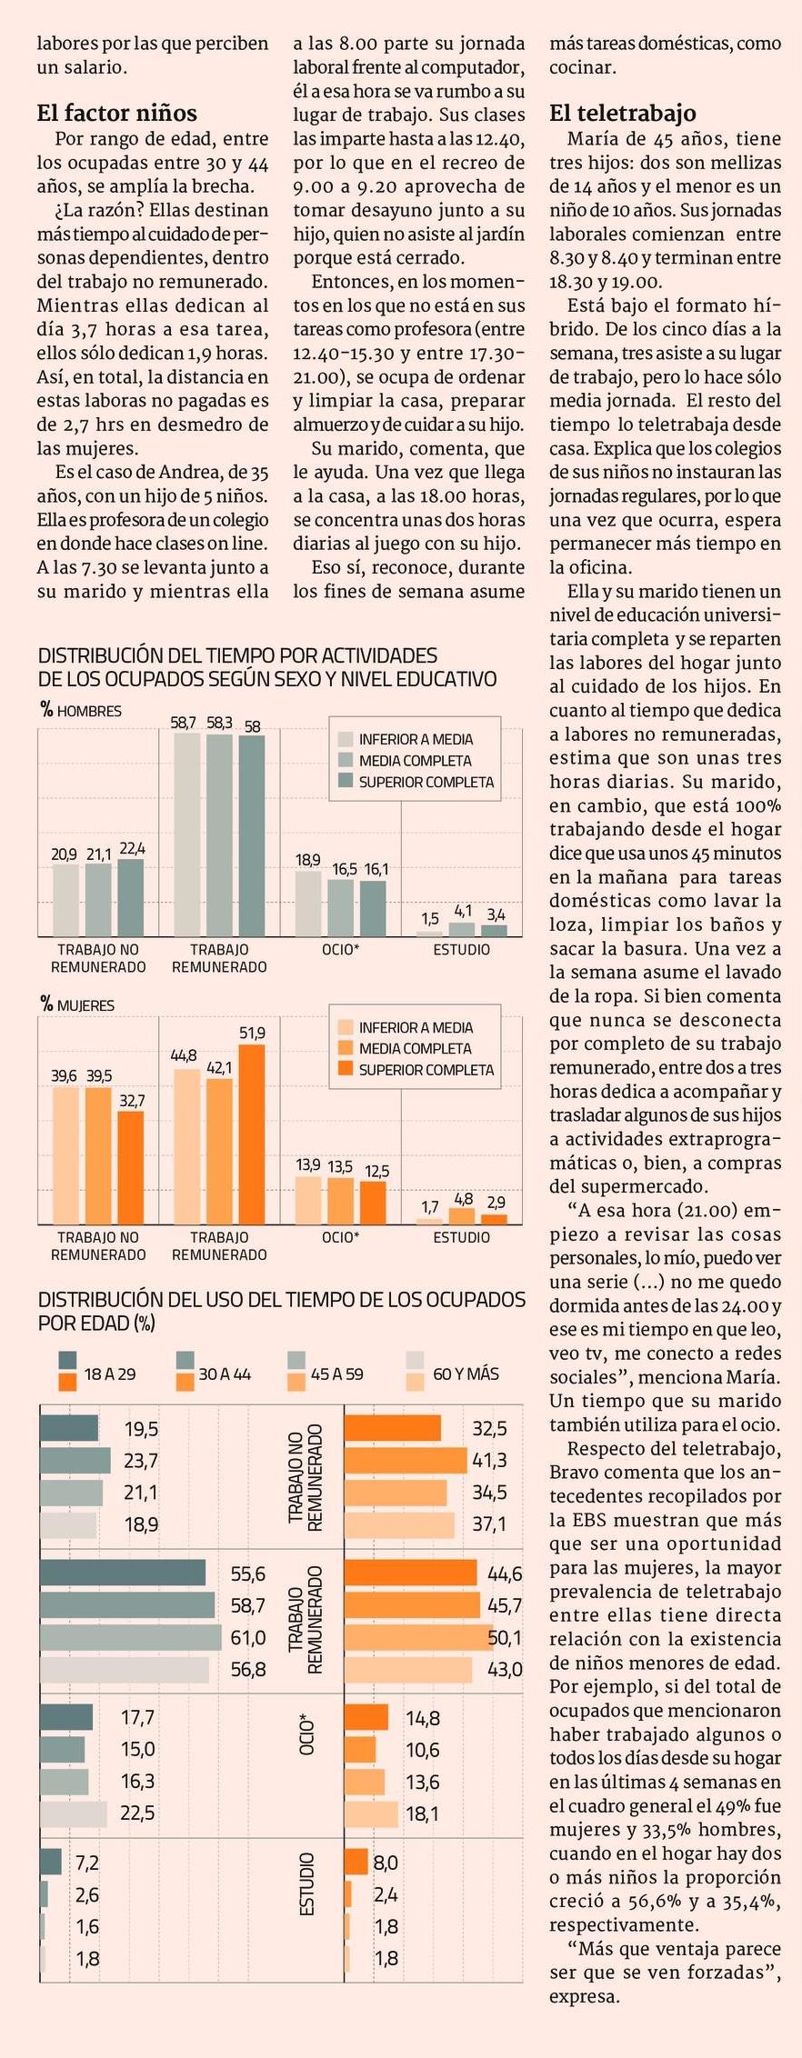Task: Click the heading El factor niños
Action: click(x=116, y=114)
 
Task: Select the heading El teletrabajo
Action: click(x=622, y=114)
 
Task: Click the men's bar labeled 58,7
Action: click(x=186, y=834)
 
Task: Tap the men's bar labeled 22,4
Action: click(x=131, y=897)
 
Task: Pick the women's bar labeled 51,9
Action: click(x=252, y=1134)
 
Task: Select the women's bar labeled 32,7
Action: click(x=131, y=1167)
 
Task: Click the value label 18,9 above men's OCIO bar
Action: click(x=308, y=860)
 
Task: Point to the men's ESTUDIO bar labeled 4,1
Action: click(x=462, y=929)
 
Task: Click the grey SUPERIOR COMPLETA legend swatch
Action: click(x=346, y=782)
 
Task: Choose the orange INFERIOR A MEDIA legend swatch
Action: click(x=346, y=1027)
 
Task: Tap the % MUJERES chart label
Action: click(x=77, y=1005)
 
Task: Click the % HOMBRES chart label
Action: click(x=81, y=711)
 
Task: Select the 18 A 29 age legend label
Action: click(x=110, y=1374)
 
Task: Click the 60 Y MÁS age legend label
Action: click(x=466, y=1374)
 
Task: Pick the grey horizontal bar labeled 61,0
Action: click(x=130, y=1637)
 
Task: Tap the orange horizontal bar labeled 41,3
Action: click(x=406, y=1461)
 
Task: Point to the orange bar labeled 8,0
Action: click(x=356, y=1863)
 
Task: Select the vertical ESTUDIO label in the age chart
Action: click(x=307, y=1910)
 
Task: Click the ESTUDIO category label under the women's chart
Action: click(x=461, y=1237)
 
